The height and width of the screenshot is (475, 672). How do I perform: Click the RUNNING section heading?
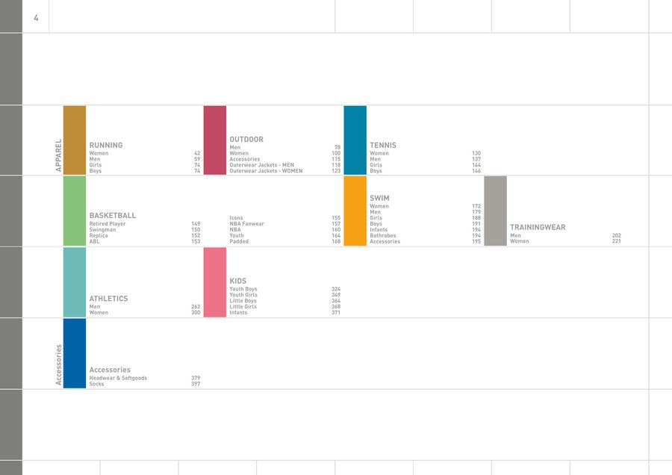pyautogui.click(x=106, y=146)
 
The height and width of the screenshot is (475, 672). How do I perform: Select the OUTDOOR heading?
pyautogui.click(x=246, y=140)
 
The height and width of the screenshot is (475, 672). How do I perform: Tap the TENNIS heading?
pyautogui.click(x=383, y=146)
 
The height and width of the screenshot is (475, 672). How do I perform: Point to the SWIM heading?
pyautogui.click(x=379, y=199)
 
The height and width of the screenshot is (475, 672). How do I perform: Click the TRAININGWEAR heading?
pyautogui.click(x=538, y=227)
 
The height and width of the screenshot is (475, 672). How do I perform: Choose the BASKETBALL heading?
pyautogui.click(x=113, y=216)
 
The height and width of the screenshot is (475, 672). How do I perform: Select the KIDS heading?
pyautogui.click(x=238, y=282)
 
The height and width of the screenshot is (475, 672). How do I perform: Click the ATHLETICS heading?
pyautogui.click(x=108, y=299)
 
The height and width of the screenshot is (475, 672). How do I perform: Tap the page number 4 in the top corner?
pyautogui.click(x=36, y=17)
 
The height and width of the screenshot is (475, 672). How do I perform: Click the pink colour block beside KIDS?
pyautogui.click(x=215, y=282)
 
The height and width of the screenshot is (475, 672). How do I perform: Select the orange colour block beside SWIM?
pyautogui.click(x=355, y=211)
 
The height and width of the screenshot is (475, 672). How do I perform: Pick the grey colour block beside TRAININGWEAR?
pyautogui.click(x=495, y=211)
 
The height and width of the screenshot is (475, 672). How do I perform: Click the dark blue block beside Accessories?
pyautogui.click(x=75, y=353)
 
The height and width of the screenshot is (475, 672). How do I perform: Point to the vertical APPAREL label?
pyautogui.click(x=58, y=155)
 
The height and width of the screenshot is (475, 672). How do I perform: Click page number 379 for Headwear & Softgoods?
pyautogui.click(x=196, y=378)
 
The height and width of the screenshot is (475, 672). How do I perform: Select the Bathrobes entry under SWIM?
pyautogui.click(x=383, y=236)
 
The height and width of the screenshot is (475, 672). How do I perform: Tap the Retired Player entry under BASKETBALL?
pyautogui.click(x=108, y=224)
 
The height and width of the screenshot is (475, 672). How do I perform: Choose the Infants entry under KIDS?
pyautogui.click(x=238, y=313)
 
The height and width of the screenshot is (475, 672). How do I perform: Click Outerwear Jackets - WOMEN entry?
pyautogui.click(x=266, y=171)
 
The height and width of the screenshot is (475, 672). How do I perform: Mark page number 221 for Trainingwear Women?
pyautogui.click(x=616, y=241)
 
